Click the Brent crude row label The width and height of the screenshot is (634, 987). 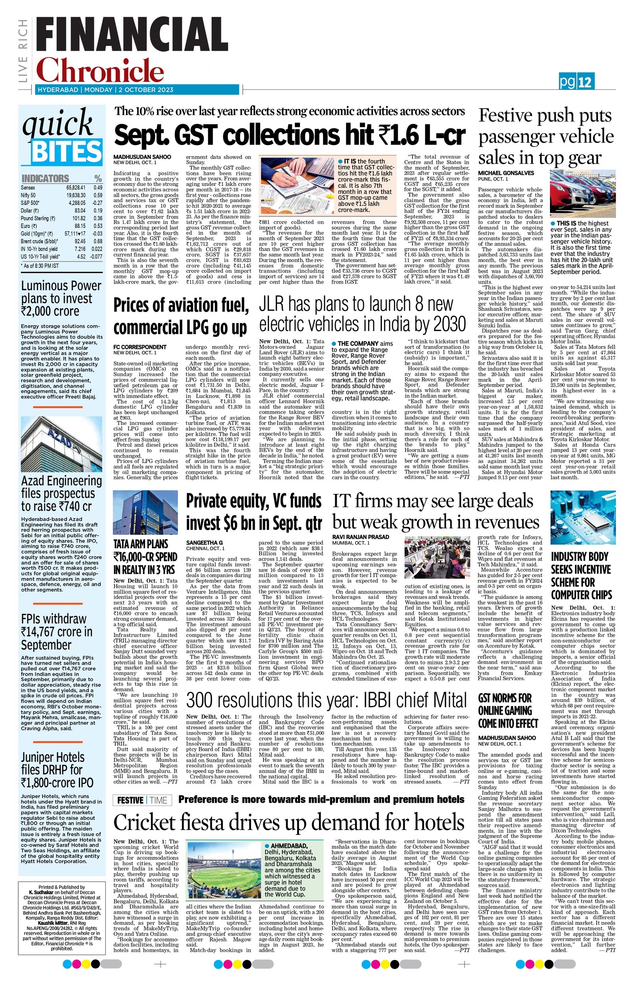coord(40,241)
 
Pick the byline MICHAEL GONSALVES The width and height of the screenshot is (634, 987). coord(506,173)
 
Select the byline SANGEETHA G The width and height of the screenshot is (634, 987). coord(204,543)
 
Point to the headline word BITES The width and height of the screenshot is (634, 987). coord(67,152)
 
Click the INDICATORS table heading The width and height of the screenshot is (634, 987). coord(45,178)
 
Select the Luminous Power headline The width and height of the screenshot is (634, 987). coord(61,298)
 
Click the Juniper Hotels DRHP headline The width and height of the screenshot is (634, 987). coord(57,770)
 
